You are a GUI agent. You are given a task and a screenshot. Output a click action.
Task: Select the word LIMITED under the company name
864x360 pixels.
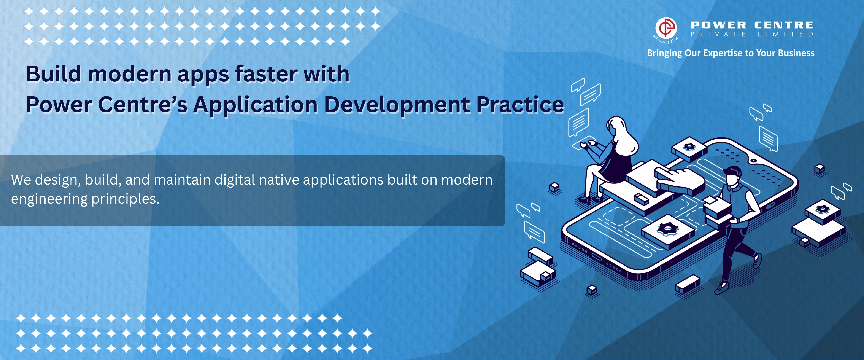pyautogui.click(x=786, y=34)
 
